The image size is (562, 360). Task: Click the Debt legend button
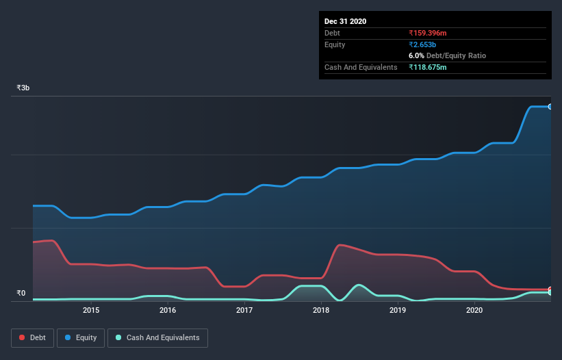point(31,337)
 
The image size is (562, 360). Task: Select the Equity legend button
point(81,337)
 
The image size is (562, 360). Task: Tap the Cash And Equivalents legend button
point(157,337)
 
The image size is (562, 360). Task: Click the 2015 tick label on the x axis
point(91,311)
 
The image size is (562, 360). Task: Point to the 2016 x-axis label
point(168,311)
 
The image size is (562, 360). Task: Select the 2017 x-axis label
point(244,311)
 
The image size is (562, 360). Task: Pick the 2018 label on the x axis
point(321,311)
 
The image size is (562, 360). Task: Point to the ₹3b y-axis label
point(23,88)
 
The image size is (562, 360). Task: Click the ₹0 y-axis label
point(21,294)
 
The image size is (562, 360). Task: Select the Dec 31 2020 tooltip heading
point(345,21)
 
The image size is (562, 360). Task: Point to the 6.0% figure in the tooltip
point(416,55)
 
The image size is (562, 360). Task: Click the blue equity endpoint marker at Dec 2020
point(550,107)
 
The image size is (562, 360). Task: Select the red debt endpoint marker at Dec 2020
point(550,290)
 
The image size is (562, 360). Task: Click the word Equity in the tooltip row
point(335,44)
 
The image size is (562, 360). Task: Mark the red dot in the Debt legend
point(23,337)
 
